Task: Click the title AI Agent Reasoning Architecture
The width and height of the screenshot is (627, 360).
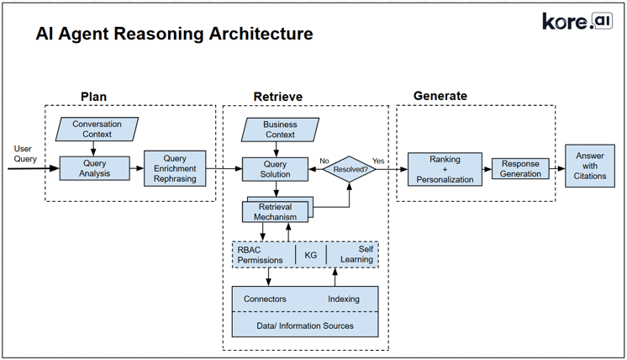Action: [174, 34]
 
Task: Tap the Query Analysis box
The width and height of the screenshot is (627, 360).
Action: [95, 168]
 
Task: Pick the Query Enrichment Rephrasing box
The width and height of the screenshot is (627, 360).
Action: [175, 168]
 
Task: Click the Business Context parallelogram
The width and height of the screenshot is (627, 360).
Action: [279, 129]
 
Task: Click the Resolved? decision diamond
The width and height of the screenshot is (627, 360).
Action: [350, 169]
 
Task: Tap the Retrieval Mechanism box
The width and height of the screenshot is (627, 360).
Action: [275, 211]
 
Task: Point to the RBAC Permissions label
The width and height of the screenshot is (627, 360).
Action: [261, 255]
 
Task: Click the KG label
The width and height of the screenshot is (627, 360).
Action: [310, 255]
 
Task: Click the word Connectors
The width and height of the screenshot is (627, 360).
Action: [265, 299]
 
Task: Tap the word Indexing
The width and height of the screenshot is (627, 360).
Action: [344, 299]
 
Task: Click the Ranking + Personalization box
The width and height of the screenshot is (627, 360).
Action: [445, 169]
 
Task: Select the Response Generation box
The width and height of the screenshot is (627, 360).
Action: [520, 169]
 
